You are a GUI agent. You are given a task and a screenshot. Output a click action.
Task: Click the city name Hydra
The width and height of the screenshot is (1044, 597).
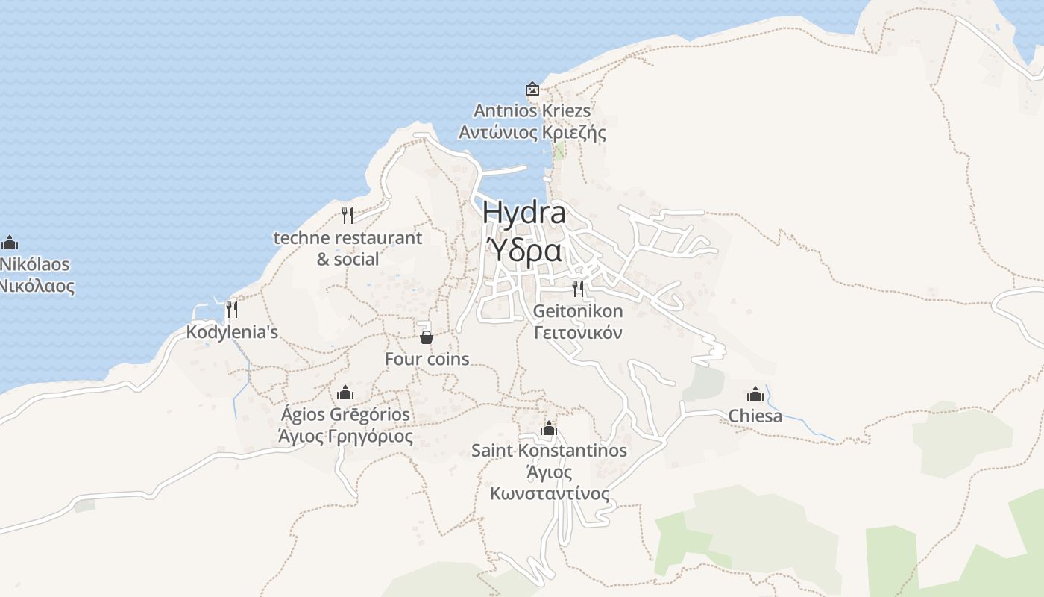523,213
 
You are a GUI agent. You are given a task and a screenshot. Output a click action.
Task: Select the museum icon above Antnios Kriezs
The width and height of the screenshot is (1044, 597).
532,89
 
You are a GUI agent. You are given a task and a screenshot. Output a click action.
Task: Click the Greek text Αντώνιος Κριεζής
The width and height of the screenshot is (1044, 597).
532,133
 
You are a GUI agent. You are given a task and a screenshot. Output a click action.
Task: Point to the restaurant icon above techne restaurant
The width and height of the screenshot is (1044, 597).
347,216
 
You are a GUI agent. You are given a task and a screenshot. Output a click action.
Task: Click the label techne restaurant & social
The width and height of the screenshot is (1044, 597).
348,249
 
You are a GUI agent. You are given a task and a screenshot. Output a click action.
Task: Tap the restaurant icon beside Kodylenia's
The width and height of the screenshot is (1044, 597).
232,309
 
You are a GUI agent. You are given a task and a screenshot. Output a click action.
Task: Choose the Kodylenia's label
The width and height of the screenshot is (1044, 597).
232,332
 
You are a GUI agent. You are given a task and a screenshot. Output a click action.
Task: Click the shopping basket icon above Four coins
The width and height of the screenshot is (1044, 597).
427,337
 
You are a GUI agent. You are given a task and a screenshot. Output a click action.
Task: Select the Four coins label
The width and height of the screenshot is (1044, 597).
427,359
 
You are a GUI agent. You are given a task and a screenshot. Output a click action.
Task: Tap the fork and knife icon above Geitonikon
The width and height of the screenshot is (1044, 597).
578,288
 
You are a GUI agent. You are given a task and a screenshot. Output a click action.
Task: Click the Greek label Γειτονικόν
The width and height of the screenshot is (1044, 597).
578,333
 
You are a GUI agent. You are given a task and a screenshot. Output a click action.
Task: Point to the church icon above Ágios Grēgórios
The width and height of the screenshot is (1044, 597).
345,393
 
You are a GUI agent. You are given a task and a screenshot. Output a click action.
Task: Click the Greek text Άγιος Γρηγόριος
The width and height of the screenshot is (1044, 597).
345,436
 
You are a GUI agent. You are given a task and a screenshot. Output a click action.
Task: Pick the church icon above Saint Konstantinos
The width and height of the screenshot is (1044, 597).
549,428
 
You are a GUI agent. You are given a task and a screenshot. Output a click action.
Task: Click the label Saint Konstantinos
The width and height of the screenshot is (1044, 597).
549,451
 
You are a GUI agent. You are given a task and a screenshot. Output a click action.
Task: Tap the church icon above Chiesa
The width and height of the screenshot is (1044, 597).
755,394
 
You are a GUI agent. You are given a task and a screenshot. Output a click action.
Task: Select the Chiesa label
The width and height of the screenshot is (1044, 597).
755,416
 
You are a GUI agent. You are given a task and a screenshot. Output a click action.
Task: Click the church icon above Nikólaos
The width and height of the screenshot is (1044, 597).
10,243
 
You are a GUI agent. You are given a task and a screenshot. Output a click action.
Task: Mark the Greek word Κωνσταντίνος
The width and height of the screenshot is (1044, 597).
550,494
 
